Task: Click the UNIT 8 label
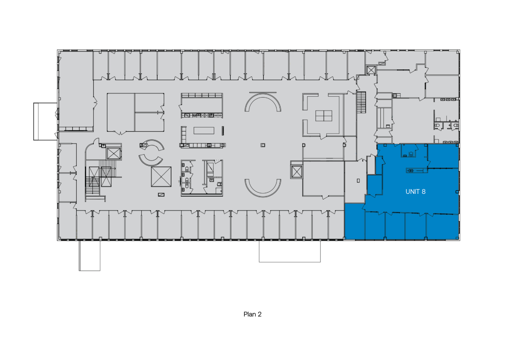[x=415, y=192]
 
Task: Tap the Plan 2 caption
[x=252, y=314]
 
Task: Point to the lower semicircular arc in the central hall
[x=263, y=194]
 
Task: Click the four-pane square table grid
[x=324, y=116]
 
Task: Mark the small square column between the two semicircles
[x=263, y=145]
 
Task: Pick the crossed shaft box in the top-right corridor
[x=371, y=70]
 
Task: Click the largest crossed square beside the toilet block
[x=161, y=177]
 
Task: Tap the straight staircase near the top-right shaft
[x=361, y=102]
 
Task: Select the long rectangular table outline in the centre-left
[x=204, y=130]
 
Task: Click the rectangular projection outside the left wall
[x=45, y=121]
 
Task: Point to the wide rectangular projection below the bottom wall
[x=290, y=252]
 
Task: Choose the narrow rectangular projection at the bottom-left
[x=90, y=256]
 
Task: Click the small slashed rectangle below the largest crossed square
[x=161, y=195]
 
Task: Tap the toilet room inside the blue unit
[x=408, y=151]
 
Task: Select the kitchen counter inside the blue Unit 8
[x=417, y=171]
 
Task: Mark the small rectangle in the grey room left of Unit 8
[x=358, y=181]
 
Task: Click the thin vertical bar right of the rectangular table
[x=223, y=131]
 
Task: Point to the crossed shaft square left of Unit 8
[x=297, y=172]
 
